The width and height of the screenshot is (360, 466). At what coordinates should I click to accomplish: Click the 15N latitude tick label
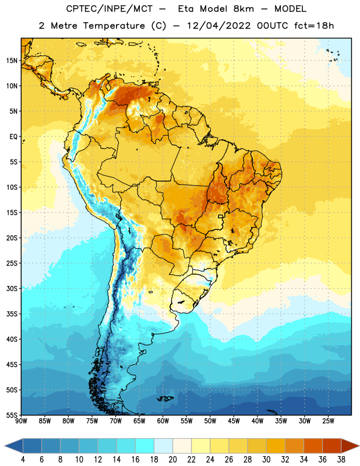12,61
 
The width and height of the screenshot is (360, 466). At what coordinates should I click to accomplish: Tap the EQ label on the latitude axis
13,137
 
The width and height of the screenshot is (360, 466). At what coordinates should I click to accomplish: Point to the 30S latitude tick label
12,288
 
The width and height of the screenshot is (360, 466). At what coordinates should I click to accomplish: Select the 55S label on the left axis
12,415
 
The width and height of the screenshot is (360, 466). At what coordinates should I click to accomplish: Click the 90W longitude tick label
21,421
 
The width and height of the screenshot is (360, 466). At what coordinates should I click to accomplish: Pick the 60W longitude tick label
163,421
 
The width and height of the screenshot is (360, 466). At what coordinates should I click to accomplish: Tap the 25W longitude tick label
328,421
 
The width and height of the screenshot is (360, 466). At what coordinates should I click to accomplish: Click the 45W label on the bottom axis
234,421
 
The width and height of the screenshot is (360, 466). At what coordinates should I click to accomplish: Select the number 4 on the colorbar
23,460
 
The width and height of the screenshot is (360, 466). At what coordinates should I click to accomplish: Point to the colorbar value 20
172,460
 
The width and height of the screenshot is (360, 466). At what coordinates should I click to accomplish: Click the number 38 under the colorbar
341,460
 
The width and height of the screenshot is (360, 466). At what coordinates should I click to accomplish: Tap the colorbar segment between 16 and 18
145,446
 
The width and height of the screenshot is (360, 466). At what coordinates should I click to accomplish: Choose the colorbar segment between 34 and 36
313,446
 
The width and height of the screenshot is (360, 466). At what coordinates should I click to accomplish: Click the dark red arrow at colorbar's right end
350,446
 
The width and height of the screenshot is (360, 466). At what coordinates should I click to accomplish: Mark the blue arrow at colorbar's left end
14,446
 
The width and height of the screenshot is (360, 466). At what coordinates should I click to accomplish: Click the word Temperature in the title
114,26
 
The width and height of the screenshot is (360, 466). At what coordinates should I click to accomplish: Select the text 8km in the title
243,9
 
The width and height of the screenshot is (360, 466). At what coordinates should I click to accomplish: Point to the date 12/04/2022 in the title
218,26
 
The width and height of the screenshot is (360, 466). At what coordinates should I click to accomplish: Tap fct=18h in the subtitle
314,26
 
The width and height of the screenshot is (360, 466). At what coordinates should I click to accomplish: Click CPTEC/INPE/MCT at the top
109,9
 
